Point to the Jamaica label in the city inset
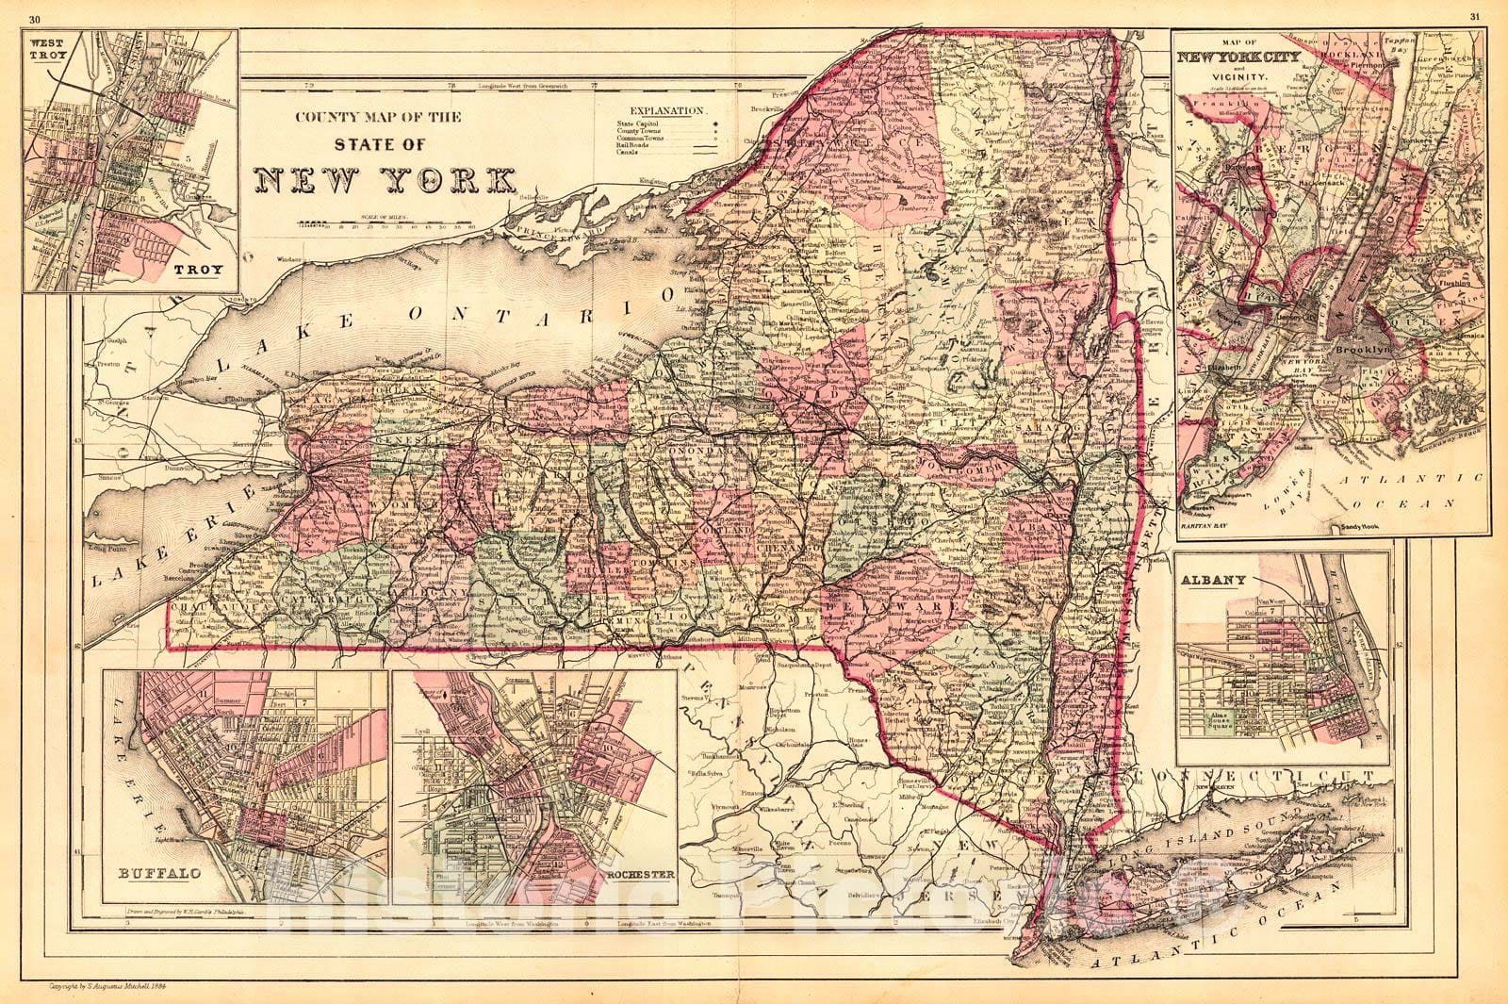coord(1440,334)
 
